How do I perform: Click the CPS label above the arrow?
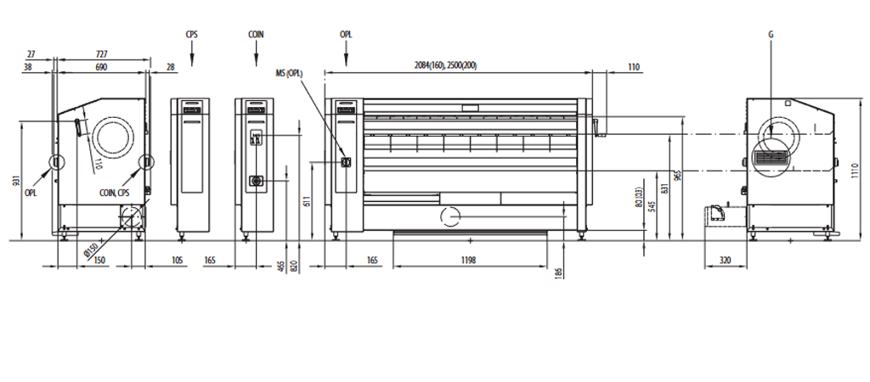(191, 34)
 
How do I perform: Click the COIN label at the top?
(256, 34)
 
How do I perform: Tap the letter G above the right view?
(771, 34)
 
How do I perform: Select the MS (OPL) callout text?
(289, 73)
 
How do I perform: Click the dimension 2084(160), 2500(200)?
(445, 65)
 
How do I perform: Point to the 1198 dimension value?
(468, 260)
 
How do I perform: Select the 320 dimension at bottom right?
(725, 260)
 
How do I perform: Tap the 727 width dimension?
(101, 54)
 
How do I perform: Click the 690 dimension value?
(101, 67)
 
